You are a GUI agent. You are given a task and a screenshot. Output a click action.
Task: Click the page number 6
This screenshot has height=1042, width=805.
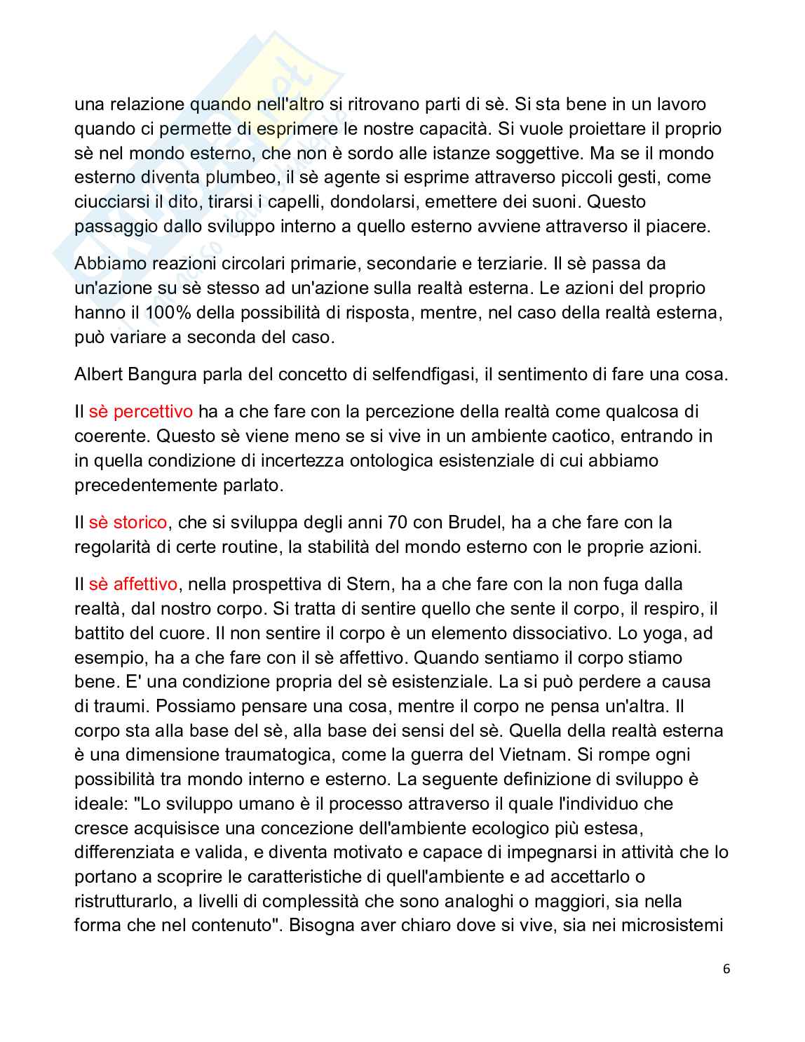[x=726, y=969]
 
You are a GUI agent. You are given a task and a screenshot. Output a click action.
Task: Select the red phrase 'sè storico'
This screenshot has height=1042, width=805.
[x=128, y=522]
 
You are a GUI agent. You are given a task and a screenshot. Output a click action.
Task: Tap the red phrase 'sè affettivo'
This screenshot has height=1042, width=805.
[x=133, y=584]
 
